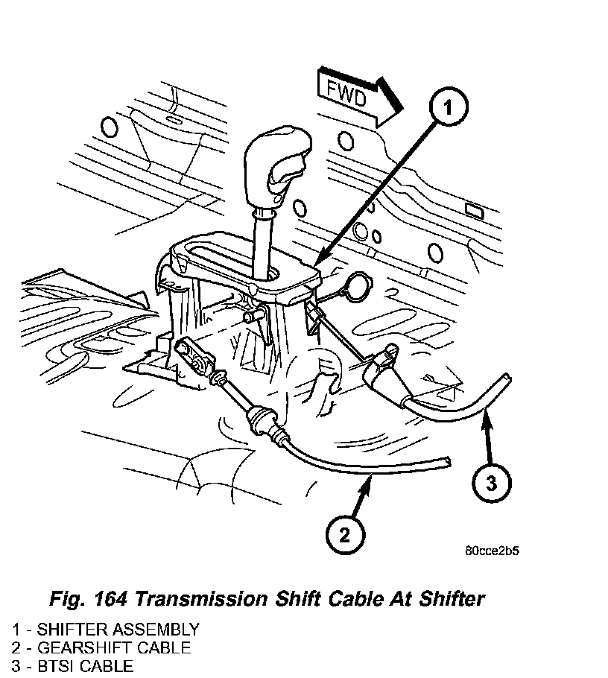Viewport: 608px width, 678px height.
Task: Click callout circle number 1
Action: [447, 109]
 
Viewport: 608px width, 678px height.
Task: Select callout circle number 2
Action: [344, 533]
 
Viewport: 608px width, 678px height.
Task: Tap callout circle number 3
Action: [491, 484]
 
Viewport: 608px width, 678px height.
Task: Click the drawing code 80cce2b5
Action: [492, 552]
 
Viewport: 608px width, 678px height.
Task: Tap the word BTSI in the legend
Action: [43, 666]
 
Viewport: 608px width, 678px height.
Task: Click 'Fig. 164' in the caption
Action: [89, 599]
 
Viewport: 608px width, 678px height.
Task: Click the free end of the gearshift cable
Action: [446, 463]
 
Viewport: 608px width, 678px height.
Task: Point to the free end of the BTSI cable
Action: [507, 378]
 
